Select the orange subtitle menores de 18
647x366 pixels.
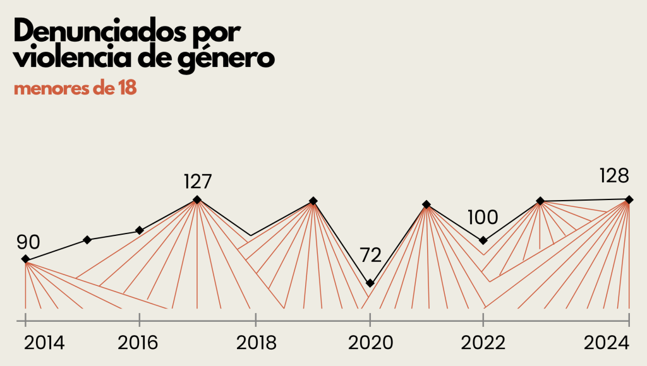tap(75, 88)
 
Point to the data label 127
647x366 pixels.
tap(197, 182)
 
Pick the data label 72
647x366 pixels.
tap(370, 256)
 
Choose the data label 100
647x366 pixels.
tap(483, 218)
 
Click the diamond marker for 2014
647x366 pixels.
tap(25, 259)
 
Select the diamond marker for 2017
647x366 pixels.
tap(197, 199)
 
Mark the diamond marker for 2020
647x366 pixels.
tap(370, 283)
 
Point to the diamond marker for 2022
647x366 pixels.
tap(483, 240)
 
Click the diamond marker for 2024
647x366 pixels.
tap(629, 199)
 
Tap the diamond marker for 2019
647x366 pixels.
tap(313, 201)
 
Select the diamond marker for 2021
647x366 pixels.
tap(426, 204)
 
